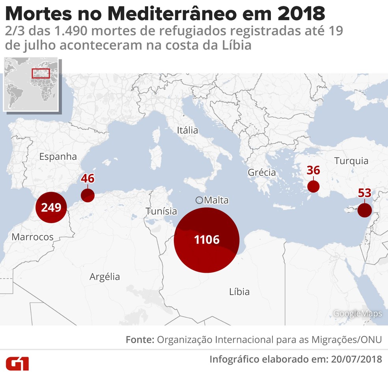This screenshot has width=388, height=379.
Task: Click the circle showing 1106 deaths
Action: tap(207, 240)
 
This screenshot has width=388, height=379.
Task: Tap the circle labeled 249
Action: tap(51, 207)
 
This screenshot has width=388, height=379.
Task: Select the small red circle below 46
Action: tap(88, 195)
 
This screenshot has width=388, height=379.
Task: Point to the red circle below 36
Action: tap(313, 187)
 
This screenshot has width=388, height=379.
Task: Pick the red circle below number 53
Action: tap(365, 210)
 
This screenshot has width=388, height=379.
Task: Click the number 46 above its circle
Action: tap(88, 178)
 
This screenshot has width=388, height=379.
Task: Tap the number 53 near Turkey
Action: tap(365, 193)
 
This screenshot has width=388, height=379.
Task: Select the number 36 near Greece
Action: tap(313, 170)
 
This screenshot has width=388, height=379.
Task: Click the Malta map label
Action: tap(216, 200)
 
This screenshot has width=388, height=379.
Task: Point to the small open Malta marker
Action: tap(200, 200)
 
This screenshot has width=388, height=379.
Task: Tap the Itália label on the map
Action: tap(187, 130)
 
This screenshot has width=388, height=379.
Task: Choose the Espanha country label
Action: tap(58, 156)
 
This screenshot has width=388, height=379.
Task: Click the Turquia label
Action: tap(351, 161)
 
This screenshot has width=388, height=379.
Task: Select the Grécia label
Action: tap(262, 172)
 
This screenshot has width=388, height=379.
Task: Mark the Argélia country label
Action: tap(104, 276)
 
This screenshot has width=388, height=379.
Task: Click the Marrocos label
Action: tap(32, 237)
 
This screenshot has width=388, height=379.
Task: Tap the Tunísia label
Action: tap(161, 211)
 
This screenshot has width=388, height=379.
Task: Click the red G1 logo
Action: tap(17, 363)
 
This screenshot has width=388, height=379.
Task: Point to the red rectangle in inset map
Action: tap(41, 73)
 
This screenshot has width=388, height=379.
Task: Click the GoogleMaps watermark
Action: tap(358, 313)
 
